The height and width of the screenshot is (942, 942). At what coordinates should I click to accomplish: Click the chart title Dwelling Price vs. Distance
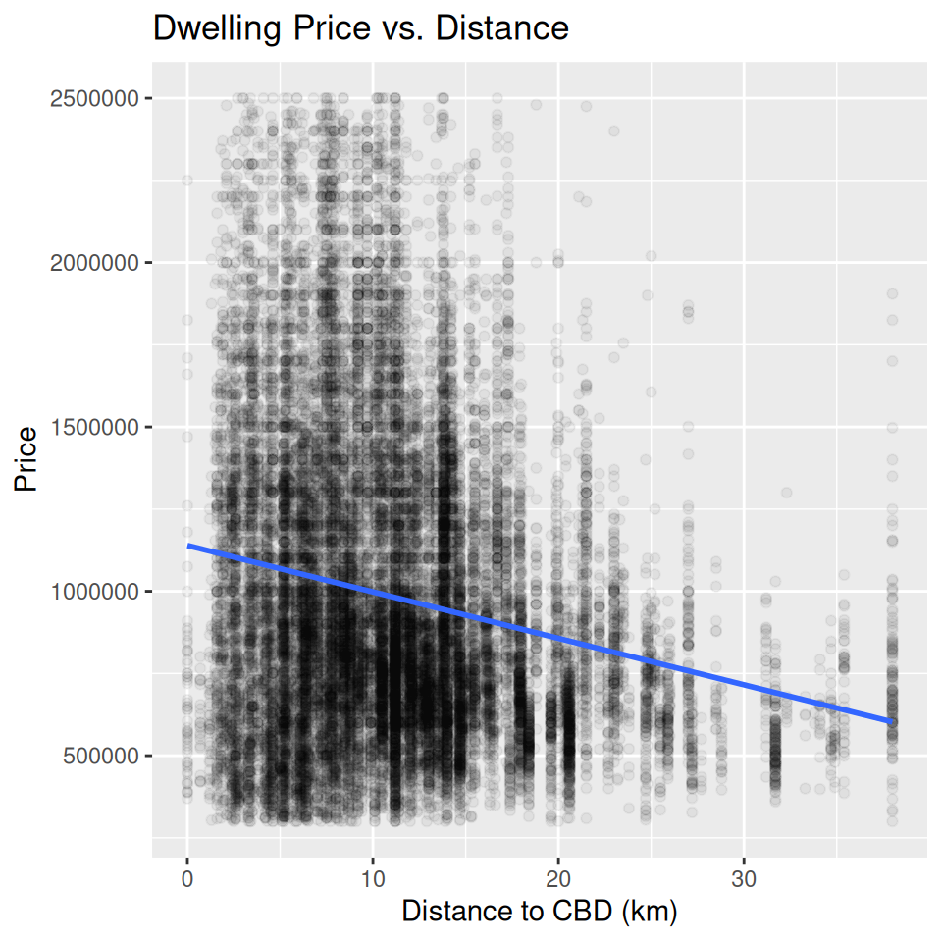[x=360, y=29]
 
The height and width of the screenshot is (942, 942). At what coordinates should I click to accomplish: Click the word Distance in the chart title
[x=501, y=29]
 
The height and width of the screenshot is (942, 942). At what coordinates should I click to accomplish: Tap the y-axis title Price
[x=26, y=459]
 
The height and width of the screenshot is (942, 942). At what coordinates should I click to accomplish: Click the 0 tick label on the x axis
[x=187, y=875]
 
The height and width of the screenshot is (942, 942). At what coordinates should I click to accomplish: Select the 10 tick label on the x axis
[x=373, y=875]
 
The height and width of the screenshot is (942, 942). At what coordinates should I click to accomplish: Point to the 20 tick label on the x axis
[x=558, y=875]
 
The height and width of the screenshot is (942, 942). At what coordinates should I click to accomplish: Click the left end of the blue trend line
[x=188, y=546]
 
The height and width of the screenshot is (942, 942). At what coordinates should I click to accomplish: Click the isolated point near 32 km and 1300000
[x=786, y=493]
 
